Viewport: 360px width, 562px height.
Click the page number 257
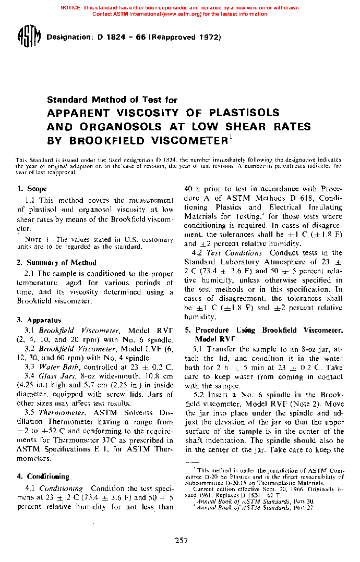coord(181,541)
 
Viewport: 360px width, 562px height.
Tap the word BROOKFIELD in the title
coord(102,140)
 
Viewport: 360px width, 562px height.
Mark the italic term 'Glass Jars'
coord(55,375)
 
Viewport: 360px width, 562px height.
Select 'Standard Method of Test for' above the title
coord(112,100)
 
